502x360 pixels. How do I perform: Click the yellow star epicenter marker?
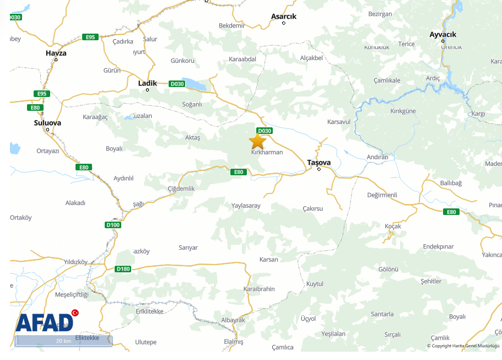pyautogui.click(x=257, y=141)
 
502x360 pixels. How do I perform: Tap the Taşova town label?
pyautogui.click(x=319, y=163)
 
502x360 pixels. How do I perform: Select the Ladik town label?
pyautogui.click(x=147, y=83)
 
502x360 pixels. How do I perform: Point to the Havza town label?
pyautogui.click(x=56, y=53)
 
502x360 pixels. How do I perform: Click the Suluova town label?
pyautogui.click(x=47, y=123)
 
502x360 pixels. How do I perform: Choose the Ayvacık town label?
pyautogui.click(x=443, y=35)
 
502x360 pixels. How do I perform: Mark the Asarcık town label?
pyautogui.click(x=284, y=17)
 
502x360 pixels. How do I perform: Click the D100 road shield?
pyautogui.click(x=112, y=225)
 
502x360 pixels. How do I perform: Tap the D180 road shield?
pyautogui.click(x=123, y=269)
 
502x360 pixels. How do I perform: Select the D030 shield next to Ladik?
pyautogui.click(x=177, y=84)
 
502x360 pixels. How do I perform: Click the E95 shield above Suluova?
pyautogui.click(x=41, y=94)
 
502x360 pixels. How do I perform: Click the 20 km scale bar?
pyautogui.click(x=63, y=341)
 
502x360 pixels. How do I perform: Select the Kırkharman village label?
pyautogui.click(x=267, y=152)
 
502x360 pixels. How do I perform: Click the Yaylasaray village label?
pyautogui.click(x=246, y=206)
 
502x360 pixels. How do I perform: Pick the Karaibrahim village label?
pyautogui.click(x=259, y=289)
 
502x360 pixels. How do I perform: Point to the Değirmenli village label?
pyautogui.click(x=382, y=195)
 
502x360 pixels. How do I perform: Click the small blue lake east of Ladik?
pyautogui.click(x=196, y=85)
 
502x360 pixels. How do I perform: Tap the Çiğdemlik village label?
pyautogui.click(x=181, y=189)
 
